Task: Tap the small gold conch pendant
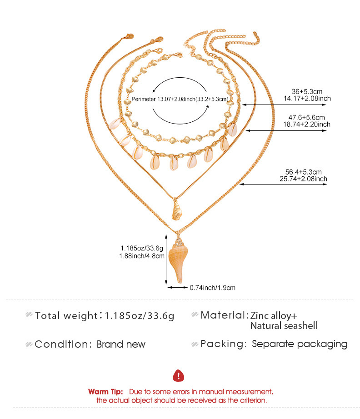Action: [x=177, y=210]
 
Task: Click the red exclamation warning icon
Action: [x=178, y=376]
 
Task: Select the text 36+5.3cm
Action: [x=307, y=91]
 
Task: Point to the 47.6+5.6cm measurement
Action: [x=306, y=117]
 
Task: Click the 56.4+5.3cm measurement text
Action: [x=303, y=172]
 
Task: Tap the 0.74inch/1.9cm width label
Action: [x=212, y=288]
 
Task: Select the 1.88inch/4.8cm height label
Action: [x=142, y=256]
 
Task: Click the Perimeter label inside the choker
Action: [x=144, y=99]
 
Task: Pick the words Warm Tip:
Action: [x=105, y=392]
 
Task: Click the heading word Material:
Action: [x=225, y=315]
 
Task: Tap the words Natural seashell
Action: [x=284, y=326]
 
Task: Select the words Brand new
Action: [x=121, y=344]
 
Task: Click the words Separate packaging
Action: [x=300, y=344]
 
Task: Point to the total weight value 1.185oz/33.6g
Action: [x=139, y=316]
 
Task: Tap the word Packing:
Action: [x=224, y=344]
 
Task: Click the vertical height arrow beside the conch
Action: [x=166, y=259]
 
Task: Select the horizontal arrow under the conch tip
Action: [x=178, y=288]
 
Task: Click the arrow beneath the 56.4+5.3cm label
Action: [x=283, y=184]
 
